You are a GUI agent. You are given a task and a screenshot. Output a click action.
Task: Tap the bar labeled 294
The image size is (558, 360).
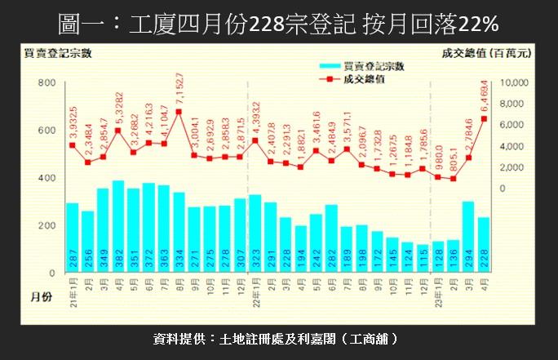coord(468,237)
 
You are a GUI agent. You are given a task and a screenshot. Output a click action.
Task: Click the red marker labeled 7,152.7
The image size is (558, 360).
coord(179,112)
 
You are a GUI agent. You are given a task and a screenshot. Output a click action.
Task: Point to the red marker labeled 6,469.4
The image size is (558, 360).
coord(484,119)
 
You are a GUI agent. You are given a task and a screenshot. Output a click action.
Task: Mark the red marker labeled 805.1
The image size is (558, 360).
coord(453,179)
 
